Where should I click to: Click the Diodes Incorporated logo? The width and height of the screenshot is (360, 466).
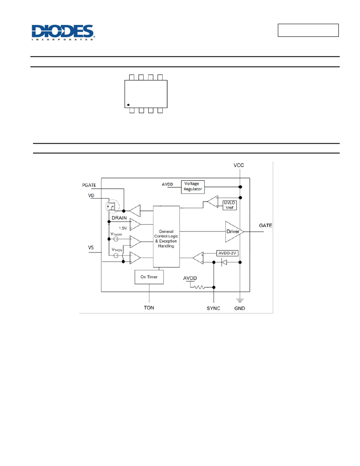63,32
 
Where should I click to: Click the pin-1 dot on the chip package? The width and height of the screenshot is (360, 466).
128,105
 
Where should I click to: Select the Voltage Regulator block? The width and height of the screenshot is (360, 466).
193,187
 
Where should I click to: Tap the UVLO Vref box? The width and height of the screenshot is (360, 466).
230,205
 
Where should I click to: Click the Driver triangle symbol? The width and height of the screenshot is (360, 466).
234,231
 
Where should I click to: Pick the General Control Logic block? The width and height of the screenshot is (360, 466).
166,236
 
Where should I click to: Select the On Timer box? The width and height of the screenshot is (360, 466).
149,277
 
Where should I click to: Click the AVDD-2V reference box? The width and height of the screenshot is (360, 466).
227,253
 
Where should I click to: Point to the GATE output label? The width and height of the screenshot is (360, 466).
266,225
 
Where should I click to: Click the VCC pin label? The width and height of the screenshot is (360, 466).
238,165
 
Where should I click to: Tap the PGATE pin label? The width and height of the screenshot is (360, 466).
89,185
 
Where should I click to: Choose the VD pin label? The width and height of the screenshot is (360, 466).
91,196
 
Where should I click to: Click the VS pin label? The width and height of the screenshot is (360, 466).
91,247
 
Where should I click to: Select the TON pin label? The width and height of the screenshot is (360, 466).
149,308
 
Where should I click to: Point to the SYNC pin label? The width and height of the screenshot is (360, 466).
213,308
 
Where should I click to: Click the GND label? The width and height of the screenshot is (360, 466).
240,308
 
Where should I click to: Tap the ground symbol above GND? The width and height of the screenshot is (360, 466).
240,300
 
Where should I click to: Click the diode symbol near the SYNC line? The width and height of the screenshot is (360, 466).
224,262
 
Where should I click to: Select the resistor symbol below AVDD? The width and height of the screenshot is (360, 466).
199,287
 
